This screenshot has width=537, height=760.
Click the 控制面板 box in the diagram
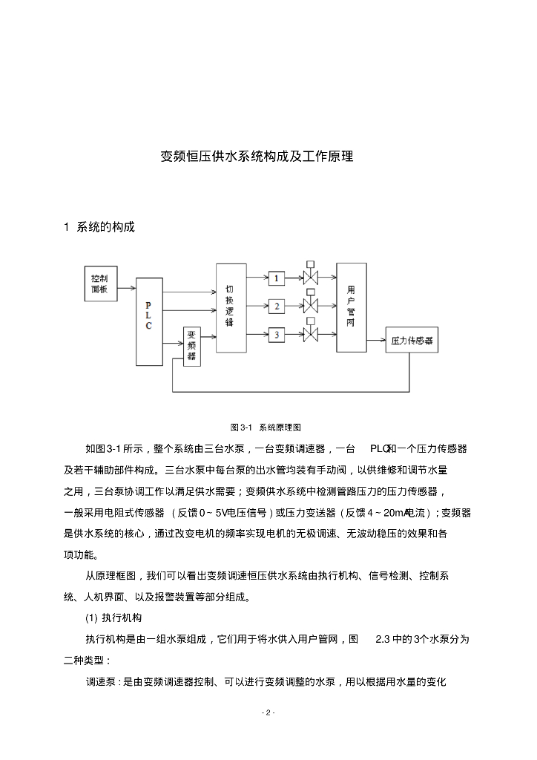click(99, 284)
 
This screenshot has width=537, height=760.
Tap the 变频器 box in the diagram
click(191, 345)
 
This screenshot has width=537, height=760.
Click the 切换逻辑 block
click(230, 307)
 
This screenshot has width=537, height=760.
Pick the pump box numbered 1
click(277, 278)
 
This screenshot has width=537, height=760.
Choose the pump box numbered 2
click(277, 306)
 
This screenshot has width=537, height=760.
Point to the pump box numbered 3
click(277, 335)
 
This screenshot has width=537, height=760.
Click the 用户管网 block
click(352, 307)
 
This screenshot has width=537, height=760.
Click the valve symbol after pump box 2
click(310, 305)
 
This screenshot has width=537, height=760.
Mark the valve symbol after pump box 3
click(310, 334)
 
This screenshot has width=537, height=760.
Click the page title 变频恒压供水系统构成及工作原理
click(257, 157)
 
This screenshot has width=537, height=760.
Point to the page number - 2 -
click(268, 712)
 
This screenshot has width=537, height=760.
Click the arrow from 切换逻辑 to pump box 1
click(257, 278)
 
